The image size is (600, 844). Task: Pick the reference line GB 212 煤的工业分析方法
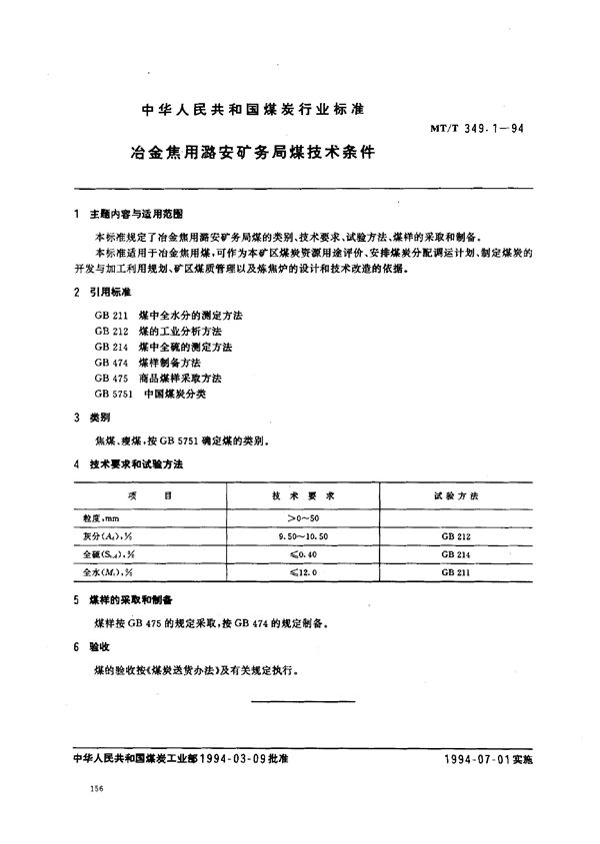(x=159, y=330)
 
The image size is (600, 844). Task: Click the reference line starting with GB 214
(x=163, y=346)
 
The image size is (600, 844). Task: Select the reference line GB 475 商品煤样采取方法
(x=158, y=378)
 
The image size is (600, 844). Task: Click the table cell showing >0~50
(x=303, y=519)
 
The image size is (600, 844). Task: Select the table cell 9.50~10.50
(x=303, y=536)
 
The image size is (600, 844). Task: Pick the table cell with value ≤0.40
(x=303, y=553)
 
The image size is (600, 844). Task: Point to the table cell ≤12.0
(x=303, y=570)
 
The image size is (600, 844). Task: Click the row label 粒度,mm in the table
(x=101, y=519)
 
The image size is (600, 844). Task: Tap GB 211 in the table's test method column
(x=454, y=570)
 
